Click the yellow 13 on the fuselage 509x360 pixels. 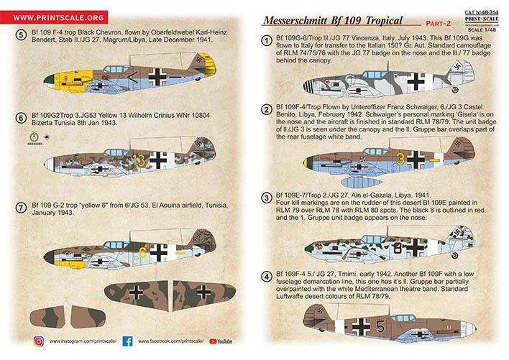(x=138, y=159)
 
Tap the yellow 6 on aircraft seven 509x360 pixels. (x=143, y=252)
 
